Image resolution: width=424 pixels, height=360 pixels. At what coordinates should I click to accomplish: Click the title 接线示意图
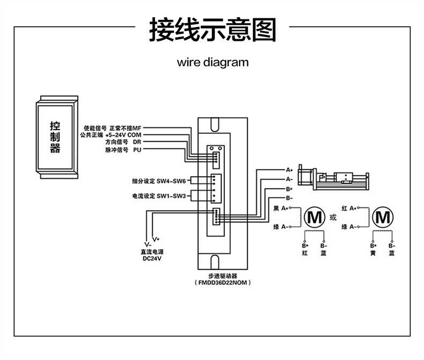coord(213,29)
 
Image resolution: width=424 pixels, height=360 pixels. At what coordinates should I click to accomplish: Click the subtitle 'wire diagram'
coord(213,62)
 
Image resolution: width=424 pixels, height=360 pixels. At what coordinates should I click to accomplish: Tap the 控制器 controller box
coord(57,137)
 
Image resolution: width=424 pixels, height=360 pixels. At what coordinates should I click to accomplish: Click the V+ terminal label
coord(156,239)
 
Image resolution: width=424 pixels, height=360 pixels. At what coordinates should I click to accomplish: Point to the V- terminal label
coord(148,244)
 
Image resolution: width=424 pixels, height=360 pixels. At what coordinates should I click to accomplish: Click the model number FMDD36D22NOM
coord(223,283)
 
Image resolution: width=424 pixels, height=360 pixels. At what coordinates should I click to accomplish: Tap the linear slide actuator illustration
coord(333,177)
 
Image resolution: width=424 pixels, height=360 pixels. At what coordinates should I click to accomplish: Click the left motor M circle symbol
coord(315,218)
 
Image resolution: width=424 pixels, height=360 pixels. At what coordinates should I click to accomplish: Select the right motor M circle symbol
coord(383,218)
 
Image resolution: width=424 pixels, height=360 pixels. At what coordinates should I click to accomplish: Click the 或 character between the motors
coord(333,218)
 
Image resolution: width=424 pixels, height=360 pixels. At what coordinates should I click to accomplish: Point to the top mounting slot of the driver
coord(215,124)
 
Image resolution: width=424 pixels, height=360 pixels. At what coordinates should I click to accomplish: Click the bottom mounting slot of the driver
coord(215,262)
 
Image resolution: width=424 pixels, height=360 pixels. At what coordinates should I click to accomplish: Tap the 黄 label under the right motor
coord(373,253)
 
